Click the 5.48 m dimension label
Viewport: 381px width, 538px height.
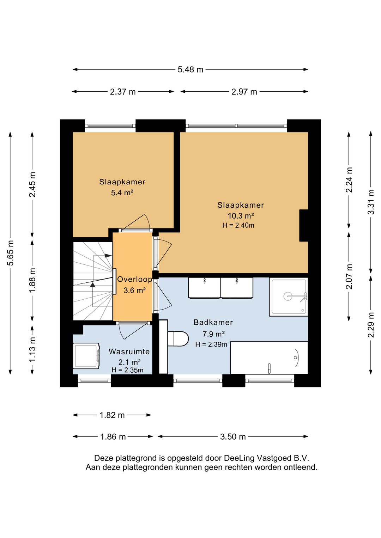tap(190, 70)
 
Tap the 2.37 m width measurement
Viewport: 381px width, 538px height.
tap(123, 92)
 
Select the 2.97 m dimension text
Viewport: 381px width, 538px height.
tap(244, 92)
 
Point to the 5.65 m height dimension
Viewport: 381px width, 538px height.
tap(11, 253)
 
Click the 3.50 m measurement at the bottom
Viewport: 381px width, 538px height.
tap(233, 437)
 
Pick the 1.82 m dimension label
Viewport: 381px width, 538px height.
tap(112, 415)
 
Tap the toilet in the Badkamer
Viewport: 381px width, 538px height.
tap(178, 339)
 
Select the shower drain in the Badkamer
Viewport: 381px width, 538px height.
tap(288, 296)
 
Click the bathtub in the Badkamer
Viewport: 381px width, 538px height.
tap(269, 357)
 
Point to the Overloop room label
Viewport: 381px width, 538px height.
tap(135, 279)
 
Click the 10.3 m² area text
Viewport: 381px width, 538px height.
tap(241, 216)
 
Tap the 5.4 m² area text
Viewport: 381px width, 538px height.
tap(122, 192)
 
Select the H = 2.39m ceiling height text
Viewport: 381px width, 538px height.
tap(211, 344)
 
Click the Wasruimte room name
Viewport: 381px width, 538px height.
tap(129, 351)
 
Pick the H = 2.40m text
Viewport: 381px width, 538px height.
tap(238, 225)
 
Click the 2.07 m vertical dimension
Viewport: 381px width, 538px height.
tap(349, 276)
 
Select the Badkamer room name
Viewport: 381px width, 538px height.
tap(213, 322)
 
